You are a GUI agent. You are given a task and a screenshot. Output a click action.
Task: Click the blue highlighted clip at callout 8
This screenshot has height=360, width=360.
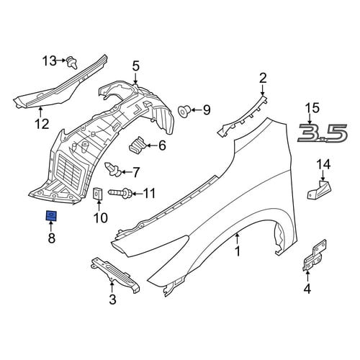[51, 216]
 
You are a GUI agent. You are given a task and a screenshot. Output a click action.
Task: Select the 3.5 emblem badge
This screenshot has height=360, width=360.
[323, 132]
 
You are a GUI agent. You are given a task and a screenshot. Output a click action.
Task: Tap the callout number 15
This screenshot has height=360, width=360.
[312, 108]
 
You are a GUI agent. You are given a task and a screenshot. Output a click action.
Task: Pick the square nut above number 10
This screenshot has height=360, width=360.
[98, 194]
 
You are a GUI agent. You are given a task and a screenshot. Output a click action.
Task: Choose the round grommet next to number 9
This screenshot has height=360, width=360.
[184, 111]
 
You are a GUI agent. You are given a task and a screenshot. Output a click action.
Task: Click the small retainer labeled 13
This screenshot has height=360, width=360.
[72, 63]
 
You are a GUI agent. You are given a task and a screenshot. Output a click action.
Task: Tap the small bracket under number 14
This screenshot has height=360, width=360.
[319, 190]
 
